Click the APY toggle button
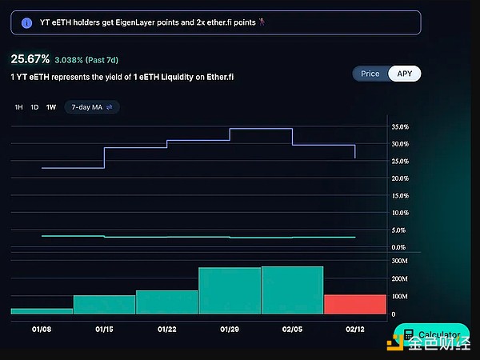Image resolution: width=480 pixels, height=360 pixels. pos(404,74)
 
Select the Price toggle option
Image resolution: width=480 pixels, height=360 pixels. pos(370,74)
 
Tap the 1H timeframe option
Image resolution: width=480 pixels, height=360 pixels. pos(18,106)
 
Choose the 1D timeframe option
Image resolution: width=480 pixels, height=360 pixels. pos(34,106)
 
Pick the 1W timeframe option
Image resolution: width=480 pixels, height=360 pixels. pos(51,106)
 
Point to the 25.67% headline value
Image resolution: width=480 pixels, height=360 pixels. pos(30,59)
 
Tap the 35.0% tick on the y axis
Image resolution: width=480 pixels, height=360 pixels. pos(400,127)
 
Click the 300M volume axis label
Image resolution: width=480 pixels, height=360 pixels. pos(400,261)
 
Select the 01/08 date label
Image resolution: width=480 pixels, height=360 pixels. pos(42,328)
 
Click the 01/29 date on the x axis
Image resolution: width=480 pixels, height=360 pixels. pos(229,328)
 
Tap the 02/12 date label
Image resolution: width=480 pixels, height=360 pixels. pos(354,328)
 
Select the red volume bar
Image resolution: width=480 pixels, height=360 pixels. pos(354,304)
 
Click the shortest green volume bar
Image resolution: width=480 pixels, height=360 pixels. pos(42,310)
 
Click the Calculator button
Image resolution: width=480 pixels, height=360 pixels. pos(431,335)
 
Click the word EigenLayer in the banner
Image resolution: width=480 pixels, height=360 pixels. pos(138,22)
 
